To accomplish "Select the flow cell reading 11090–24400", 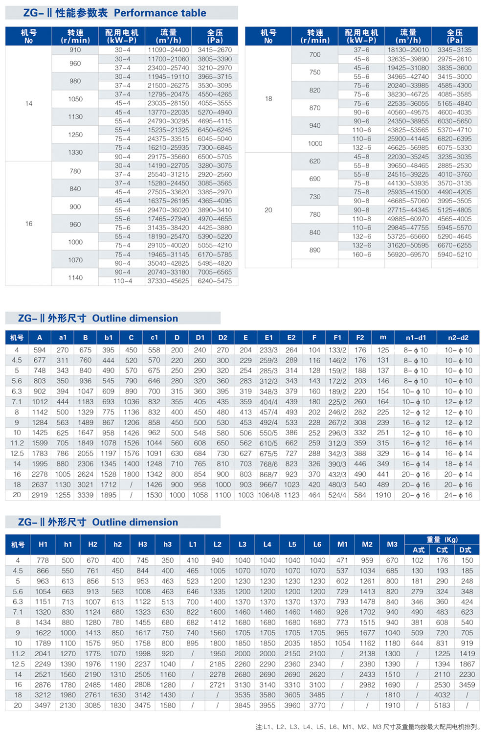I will pos(168,50).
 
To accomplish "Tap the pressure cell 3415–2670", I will pos(215,50).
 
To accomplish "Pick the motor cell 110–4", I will pos(122,281).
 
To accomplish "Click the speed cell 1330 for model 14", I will pos(75,152).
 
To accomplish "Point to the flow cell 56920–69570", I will pos(408,254).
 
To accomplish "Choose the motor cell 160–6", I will pos(362,254).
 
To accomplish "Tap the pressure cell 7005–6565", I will pos(215,272).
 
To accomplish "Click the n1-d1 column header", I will pos(416,338).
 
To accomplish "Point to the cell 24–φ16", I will pos(458,495).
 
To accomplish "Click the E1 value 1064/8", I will pos(268,495).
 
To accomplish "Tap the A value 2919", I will pos(40,495).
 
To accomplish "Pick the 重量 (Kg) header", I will pos(442,539).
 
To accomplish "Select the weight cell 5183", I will pos(442,705).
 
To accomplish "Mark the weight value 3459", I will pos(467,685).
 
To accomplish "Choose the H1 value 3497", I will pos(43,705).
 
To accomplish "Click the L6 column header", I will pos(317,544).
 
